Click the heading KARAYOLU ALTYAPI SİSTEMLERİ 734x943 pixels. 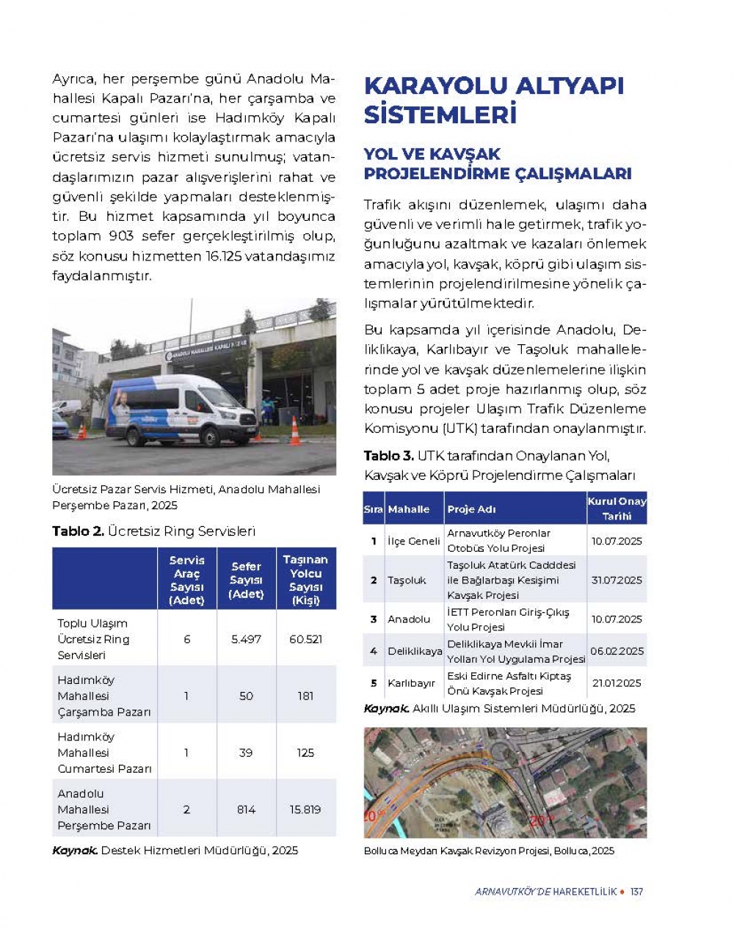(493, 100)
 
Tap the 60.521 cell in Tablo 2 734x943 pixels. (305, 639)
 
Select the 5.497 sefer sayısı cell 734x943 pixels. (246, 639)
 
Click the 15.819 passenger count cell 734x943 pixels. (305, 809)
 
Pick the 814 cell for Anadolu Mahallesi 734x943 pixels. (246, 809)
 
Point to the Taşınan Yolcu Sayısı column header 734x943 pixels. (305, 579)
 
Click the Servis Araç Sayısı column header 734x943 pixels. (186, 579)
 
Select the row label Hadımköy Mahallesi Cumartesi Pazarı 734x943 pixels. (104, 752)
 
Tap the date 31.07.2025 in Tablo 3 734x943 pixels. (617, 580)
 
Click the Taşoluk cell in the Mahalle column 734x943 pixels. (407, 580)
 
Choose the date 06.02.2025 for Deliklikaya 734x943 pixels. (617, 651)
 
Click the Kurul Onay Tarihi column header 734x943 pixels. (617, 508)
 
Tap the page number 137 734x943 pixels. (636, 892)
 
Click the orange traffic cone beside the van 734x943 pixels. (295, 432)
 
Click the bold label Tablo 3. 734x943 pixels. (388, 456)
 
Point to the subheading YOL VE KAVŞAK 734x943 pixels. (432, 154)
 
